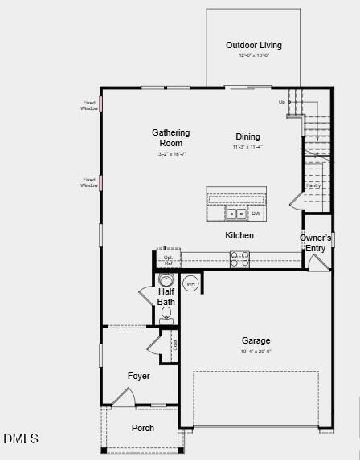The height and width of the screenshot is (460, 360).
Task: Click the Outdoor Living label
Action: point(254,46)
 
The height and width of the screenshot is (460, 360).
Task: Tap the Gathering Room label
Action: point(171,137)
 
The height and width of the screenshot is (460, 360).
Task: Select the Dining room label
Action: point(247,136)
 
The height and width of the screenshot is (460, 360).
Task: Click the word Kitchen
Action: point(239,235)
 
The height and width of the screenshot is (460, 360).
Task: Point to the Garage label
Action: point(256,340)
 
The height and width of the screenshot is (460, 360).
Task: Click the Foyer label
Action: point(139,376)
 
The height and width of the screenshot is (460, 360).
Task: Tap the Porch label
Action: point(143,428)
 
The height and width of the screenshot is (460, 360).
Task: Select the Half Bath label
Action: point(166,297)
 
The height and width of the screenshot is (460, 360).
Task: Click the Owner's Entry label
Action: point(316,242)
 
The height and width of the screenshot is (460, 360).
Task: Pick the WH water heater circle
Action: point(191,283)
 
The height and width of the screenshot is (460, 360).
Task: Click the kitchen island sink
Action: point(236,214)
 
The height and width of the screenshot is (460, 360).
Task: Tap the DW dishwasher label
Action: point(256,214)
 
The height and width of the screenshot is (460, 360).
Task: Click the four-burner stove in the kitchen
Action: point(239,258)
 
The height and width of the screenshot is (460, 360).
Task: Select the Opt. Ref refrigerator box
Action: point(168,260)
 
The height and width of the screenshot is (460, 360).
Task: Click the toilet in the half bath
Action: point(167,314)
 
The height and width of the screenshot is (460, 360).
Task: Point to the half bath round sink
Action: point(166,280)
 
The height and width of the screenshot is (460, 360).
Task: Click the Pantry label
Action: point(313,185)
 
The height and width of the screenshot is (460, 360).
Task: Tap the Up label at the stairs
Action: point(282,102)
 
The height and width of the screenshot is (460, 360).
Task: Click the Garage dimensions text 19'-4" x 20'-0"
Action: point(256,352)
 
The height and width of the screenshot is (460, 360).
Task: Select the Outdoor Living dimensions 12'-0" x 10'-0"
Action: point(254,56)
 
